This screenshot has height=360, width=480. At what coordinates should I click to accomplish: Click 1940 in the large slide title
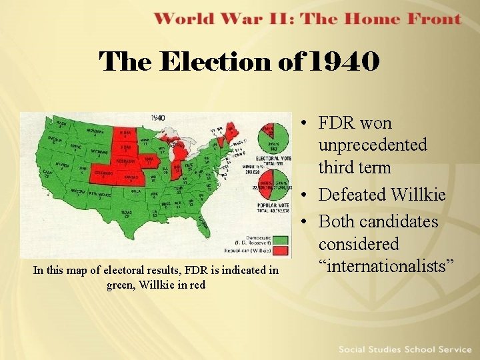[x=347, y=62]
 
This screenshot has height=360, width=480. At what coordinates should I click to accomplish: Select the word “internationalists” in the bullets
[x=386, y=266]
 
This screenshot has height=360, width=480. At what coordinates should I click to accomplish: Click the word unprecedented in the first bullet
[x=373, y=145]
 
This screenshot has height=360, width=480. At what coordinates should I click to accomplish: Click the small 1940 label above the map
[x=157, y=118]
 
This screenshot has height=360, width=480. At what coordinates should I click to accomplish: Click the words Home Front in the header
[x=413, y=18]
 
